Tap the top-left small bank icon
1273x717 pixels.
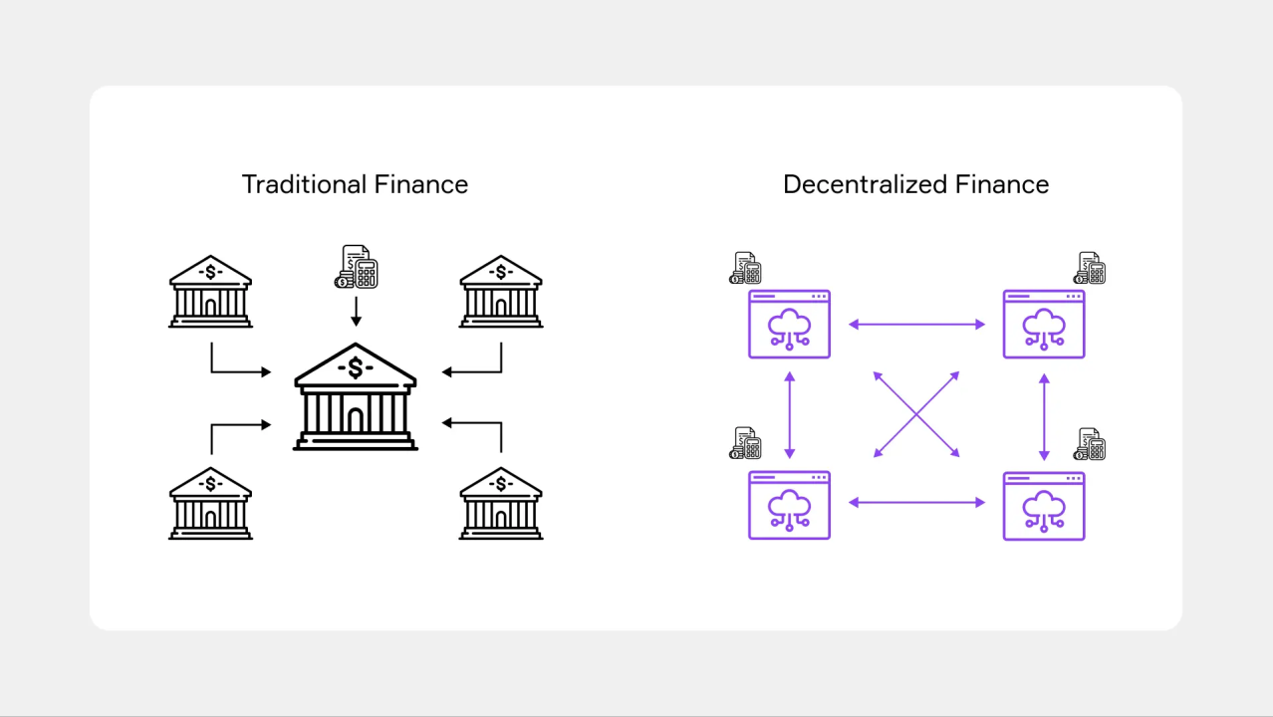[x=210, y=292]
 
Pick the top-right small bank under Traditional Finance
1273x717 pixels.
[x=501, y=292]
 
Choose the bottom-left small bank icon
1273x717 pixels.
[x=210, y=503]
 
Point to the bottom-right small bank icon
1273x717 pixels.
[x=501, y=503]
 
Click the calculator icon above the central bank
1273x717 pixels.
[x=356, y=267]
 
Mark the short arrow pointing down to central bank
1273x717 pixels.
[x=356, y=313]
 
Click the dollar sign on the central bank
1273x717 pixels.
[x=356, y=368]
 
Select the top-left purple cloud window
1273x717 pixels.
[x=789, y=324]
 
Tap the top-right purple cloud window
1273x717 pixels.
[x=1044, y=324]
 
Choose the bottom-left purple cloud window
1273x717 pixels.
[x=789, y=505]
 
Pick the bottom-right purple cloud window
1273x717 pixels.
[x=1044, y=505]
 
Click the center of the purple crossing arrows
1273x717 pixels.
[x=916, y=414]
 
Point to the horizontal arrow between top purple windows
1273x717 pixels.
[x=916, y=325]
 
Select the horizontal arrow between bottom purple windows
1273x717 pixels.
[x=916, y=503]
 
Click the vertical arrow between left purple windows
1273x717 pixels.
[x=790, y=414]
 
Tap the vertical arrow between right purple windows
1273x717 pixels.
[x=1044, y=416]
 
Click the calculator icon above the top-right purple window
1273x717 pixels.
[x=1090, y=268]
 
